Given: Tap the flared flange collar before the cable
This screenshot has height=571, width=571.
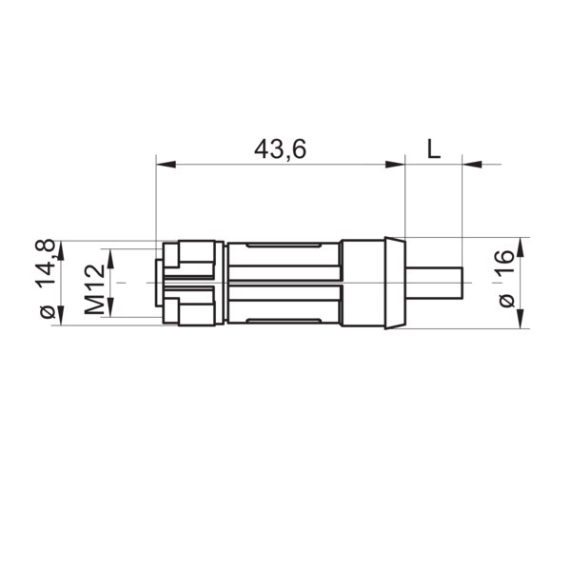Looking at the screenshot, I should pos(390,284).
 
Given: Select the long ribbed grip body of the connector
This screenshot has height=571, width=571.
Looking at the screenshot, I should pos(284,284).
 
